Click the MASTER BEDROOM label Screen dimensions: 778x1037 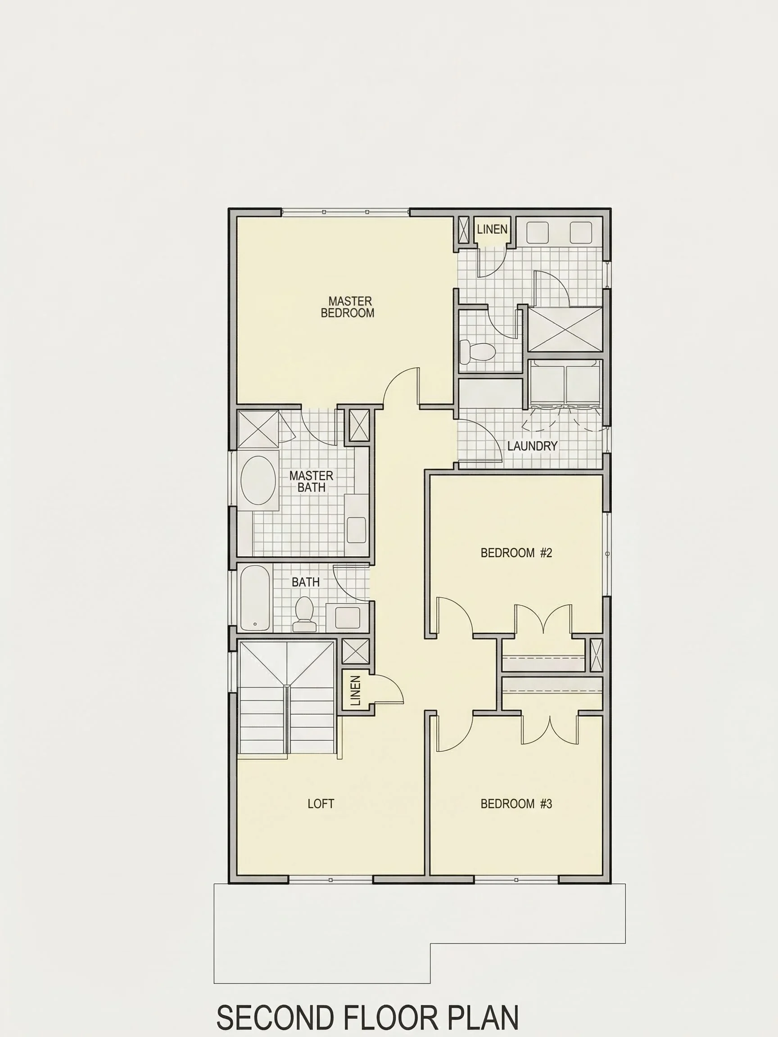click(348, 307)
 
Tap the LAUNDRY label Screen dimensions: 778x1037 click(532, 446)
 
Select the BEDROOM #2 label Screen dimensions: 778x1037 click(516, 553)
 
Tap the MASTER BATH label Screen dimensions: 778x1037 click(312, 482)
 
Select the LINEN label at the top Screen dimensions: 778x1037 click(493, 229)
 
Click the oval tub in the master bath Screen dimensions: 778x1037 click(258, 480)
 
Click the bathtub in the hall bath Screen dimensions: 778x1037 click(255, 598)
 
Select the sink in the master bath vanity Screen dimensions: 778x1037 click(357, 530)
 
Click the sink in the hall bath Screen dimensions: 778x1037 click(348, 618)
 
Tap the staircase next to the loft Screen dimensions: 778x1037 click(286, 698)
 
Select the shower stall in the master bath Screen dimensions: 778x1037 click(258, 429)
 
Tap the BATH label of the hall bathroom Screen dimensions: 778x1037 click(305, 582)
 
